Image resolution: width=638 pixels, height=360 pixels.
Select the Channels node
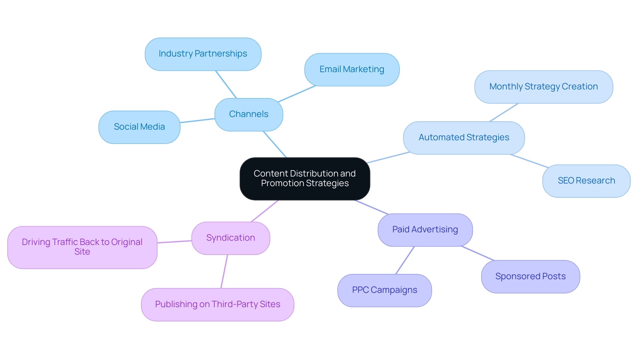click(249, 114)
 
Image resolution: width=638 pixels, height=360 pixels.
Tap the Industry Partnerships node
click(203, 54)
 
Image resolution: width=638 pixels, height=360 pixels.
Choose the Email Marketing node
click(352, 69)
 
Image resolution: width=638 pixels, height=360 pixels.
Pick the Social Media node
click(139, 127)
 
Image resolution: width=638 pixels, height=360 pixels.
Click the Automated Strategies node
click(464, 138)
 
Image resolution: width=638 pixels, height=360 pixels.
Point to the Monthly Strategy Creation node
click(543, 87)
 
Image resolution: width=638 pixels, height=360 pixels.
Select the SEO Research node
click(586, 181)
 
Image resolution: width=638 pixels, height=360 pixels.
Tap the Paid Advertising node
click(425, 230)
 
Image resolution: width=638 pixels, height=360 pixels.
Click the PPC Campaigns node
click(384, 290)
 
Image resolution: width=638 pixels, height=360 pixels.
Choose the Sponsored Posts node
click(530, 277)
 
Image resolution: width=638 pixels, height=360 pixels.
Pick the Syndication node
click(231, 238)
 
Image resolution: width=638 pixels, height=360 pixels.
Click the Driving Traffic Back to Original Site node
click(82, 247)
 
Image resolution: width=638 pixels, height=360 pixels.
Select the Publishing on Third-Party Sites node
click(218, 304)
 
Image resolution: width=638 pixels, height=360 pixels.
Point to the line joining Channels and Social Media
click(197, 121)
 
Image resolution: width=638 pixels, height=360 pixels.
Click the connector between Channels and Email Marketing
click(296, 94)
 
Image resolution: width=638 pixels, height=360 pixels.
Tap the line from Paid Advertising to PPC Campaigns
click(405, 260)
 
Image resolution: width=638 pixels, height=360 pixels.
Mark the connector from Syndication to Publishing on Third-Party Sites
click(224, 271)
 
